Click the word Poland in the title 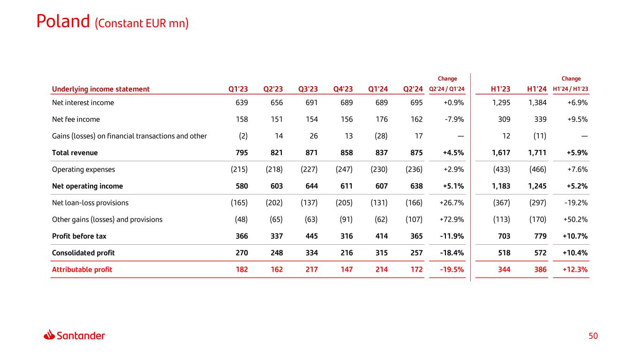click(63, 21)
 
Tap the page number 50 click(594, 336)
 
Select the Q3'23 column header click(308, 89)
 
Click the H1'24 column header click(537, 89)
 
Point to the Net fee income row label click(76, 119)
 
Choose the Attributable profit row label click(82, 270)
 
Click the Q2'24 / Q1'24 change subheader click(447, 89)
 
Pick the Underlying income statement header click(101, 89)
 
